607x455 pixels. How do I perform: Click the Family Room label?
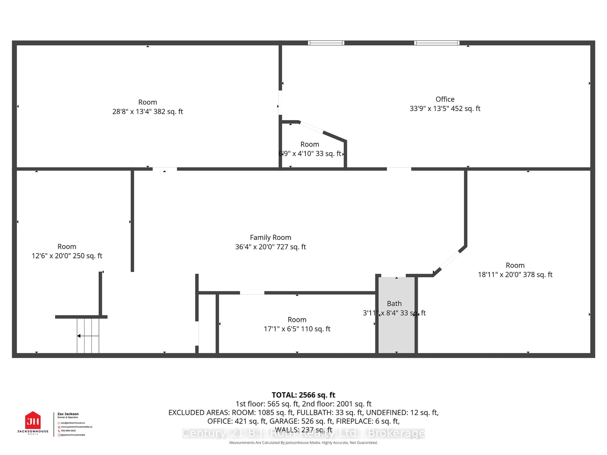point(270,237)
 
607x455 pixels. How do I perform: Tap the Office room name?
point(445,99)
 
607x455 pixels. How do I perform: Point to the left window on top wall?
point(326,43)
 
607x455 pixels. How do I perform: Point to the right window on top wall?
point(437,43)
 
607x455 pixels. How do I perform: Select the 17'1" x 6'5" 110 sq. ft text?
point(297,329)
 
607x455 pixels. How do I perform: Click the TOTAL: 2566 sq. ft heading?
point(303,395)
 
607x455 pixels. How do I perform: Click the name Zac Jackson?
point(68,414)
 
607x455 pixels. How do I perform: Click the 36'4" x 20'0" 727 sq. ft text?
point(270,247)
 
